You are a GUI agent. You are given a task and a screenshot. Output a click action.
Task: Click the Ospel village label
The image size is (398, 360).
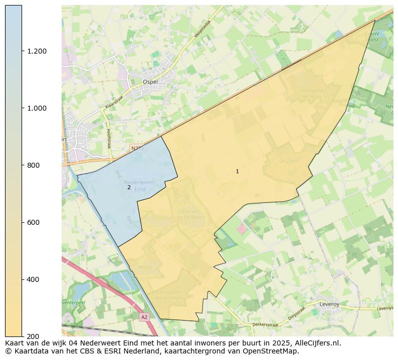150,82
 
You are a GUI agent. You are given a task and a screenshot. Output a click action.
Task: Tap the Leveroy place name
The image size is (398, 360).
329,304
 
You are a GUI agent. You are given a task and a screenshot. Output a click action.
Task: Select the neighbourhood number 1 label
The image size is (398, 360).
237,172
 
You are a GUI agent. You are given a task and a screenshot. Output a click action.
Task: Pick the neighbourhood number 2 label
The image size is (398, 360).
129,187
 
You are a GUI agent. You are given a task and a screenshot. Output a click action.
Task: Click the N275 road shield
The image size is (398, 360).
137,149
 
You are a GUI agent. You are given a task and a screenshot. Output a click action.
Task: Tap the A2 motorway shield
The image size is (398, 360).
144,317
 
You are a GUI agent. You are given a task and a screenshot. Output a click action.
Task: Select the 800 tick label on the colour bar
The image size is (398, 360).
33,165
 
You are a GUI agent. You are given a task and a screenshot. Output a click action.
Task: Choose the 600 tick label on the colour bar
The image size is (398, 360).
33,222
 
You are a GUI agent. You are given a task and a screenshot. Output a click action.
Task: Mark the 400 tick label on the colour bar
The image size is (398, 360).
33,279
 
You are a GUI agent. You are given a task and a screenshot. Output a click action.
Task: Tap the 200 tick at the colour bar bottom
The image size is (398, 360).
33,336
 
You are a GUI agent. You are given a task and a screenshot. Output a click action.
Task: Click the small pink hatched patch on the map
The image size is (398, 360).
242,229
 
